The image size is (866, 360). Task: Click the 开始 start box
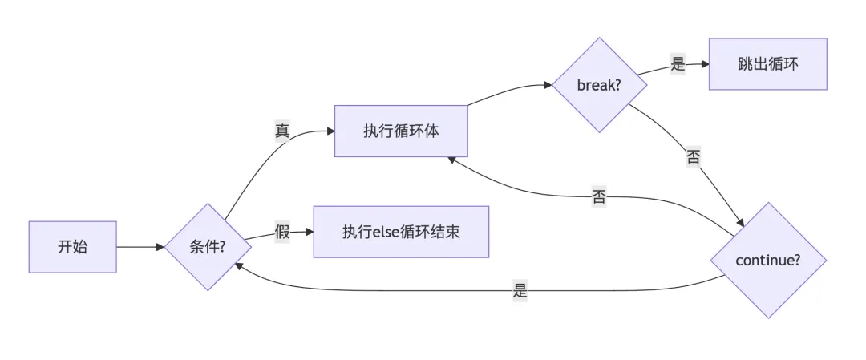tap(72, 247)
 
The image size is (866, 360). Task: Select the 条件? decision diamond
tap(207, 247)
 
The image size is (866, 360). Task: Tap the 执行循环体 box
tap(400, 131)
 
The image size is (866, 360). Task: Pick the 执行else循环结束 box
tap(400, 232)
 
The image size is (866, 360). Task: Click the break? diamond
tap(599, 84)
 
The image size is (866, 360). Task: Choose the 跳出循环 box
tap(767, 64)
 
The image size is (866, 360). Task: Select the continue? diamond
tap(768, 260)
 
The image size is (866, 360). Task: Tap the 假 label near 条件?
tap(282, 233)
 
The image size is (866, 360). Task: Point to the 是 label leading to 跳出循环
tap(678, 65)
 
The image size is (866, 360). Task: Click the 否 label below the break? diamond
tap(694, 157)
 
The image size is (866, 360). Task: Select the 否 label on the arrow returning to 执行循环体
tap(599, 197)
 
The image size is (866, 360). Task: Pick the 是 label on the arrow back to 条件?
tap(520, 291)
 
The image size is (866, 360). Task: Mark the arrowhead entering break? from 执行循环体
tap(549, 83)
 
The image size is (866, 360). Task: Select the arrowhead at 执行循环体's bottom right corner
tap(452, 159)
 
